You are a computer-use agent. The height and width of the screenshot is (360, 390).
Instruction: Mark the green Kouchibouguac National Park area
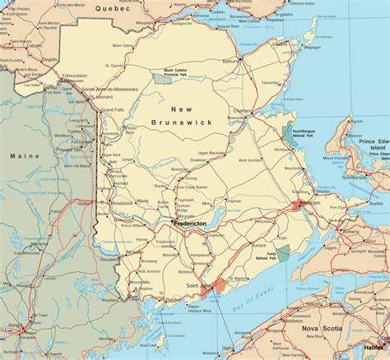click(288, 136)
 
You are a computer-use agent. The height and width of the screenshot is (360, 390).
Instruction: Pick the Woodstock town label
click(121, 202)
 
